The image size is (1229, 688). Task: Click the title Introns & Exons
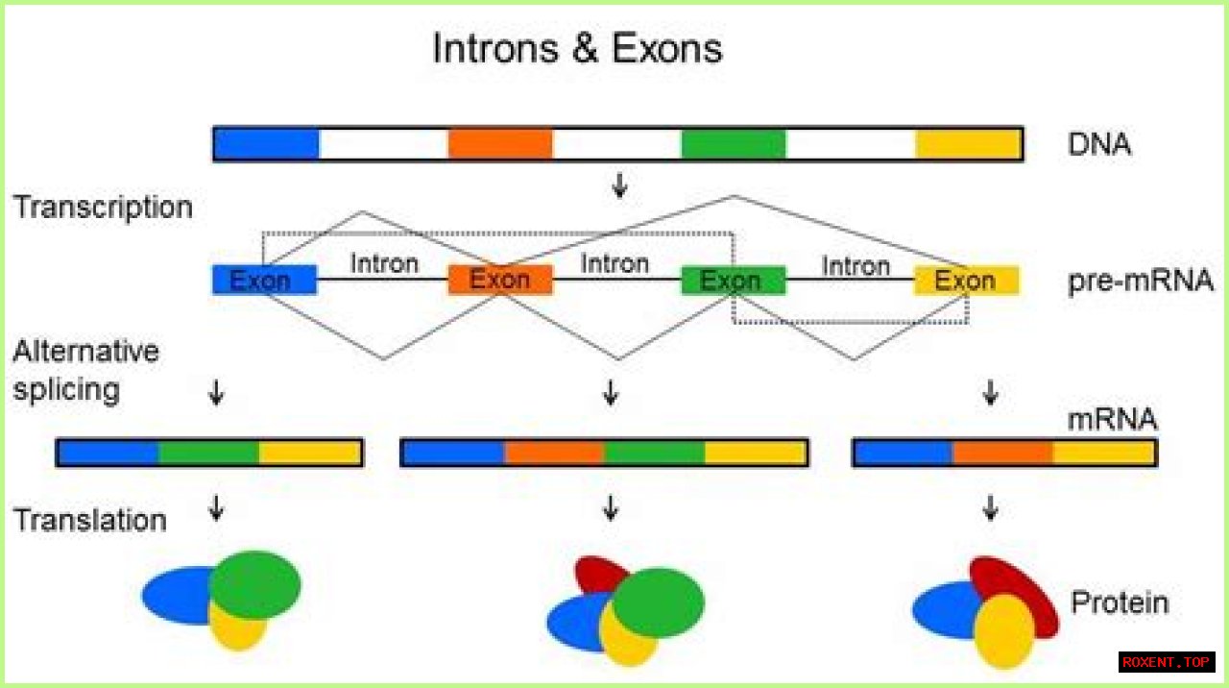coord(577,48)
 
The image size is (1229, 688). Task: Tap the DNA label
coord(1098,145)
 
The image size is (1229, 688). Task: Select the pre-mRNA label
coord(1140,281)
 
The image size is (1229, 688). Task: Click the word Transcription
coord(103,208)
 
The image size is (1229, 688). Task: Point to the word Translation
coord(89,520)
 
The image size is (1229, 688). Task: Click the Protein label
coord(1120,602)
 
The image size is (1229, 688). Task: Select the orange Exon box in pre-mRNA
coord(500,281)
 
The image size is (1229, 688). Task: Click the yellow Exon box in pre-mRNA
coord(965,281)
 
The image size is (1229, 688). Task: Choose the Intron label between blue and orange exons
coord(384,262)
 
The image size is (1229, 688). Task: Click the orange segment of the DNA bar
coord(500,144)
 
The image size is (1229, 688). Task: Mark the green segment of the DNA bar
coord(734,144)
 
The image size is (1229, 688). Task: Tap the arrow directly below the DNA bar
coord(619,185)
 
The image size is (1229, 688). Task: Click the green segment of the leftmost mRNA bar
coord(208,453)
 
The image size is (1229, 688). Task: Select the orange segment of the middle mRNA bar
coord(554,453)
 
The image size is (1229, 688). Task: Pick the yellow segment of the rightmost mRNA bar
coord(1104,453)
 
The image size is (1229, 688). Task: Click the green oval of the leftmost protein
coord(255,583)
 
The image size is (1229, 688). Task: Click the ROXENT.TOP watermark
coord(1167,662)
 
